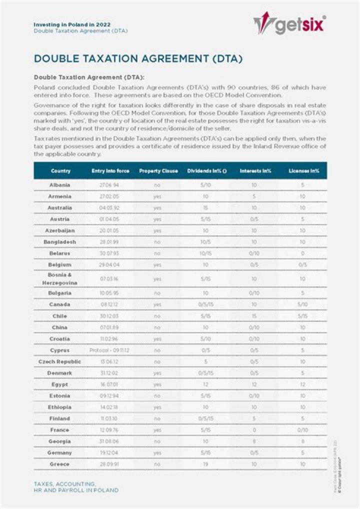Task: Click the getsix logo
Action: tap(290, 24)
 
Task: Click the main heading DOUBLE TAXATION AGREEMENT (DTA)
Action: tap(138, 59)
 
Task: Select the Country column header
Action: tap(60, 171)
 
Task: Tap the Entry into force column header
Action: tap(110, 171)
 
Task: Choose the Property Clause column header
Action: tap(158, 171)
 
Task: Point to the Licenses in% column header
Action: tap(303, 171)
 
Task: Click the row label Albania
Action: tap(60, 185)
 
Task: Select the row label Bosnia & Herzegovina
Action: tap(60, 279)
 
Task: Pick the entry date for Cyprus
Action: tap(110, 350)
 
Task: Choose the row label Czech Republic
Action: tap(60, 361)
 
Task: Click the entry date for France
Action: tap(110, 430)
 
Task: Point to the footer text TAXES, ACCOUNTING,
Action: tap(64, 484)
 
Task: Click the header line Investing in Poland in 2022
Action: tap(72, 24)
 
